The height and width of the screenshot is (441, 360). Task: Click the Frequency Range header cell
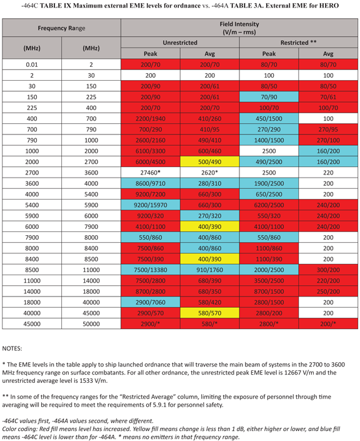click(x=61, y=29)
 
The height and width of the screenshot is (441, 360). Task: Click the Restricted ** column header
click(x=299, y=43)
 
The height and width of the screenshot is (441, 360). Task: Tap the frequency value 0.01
click(x=32, y=64)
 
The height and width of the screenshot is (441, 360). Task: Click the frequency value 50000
click(x=91, y=323)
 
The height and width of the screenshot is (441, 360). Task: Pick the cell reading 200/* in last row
click(x=328, y=323)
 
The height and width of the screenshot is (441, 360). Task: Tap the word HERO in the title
click(x=329, y=6)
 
